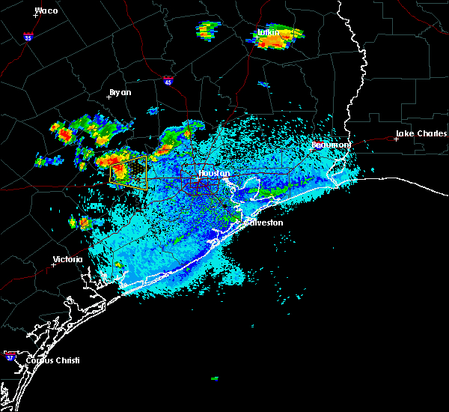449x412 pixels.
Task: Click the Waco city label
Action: tap(46, 10)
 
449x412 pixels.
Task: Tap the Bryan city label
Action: tap(120, 92)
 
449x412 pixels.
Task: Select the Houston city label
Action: tap(214, 173)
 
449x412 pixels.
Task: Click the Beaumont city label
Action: tap(331, 144)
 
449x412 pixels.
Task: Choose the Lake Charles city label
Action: tap(421, 134)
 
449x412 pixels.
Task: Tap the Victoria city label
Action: tap(67, 260)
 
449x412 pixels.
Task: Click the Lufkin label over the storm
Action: tap(268, 33)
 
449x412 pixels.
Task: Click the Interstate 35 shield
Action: tap(28, 36)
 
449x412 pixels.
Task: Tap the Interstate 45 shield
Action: tap(168, 79)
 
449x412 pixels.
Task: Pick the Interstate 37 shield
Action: tap(10, 354)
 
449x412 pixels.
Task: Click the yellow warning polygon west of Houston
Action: tap(128, 172)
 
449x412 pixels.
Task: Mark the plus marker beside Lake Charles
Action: tap(396, 139)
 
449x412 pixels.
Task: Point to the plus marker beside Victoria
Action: tap(53, 264)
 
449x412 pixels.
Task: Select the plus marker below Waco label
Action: tap(37, 16)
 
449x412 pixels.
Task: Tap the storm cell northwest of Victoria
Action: tap(81, 222)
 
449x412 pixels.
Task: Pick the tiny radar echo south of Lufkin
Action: tap(263, 85)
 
